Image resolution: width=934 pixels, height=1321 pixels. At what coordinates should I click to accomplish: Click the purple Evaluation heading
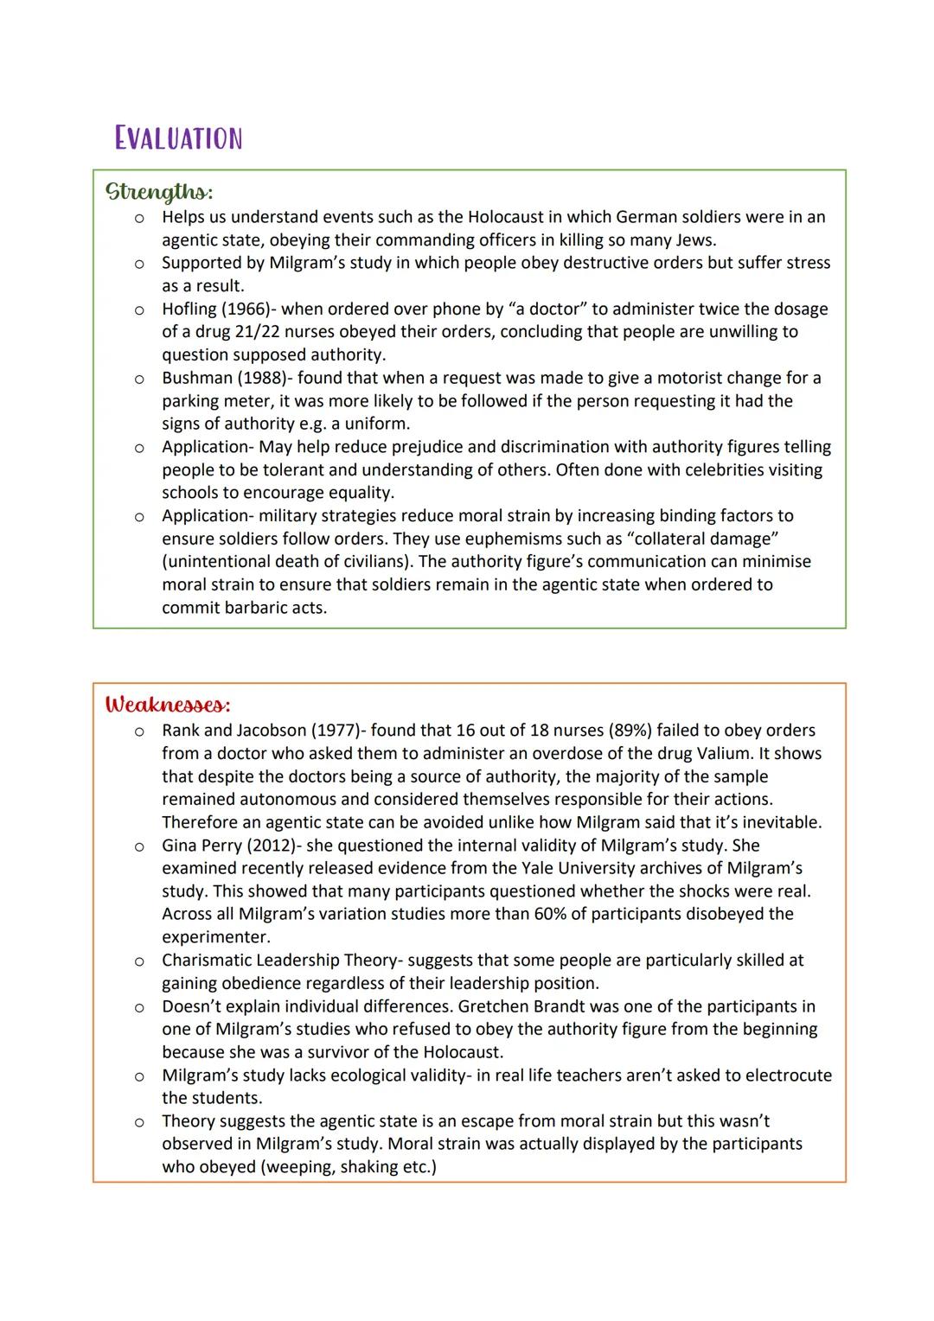tap(178, 138)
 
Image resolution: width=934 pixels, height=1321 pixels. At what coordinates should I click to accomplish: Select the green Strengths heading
tap(159, 190)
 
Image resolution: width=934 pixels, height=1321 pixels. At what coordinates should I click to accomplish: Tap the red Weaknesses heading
tap(168, 704)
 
